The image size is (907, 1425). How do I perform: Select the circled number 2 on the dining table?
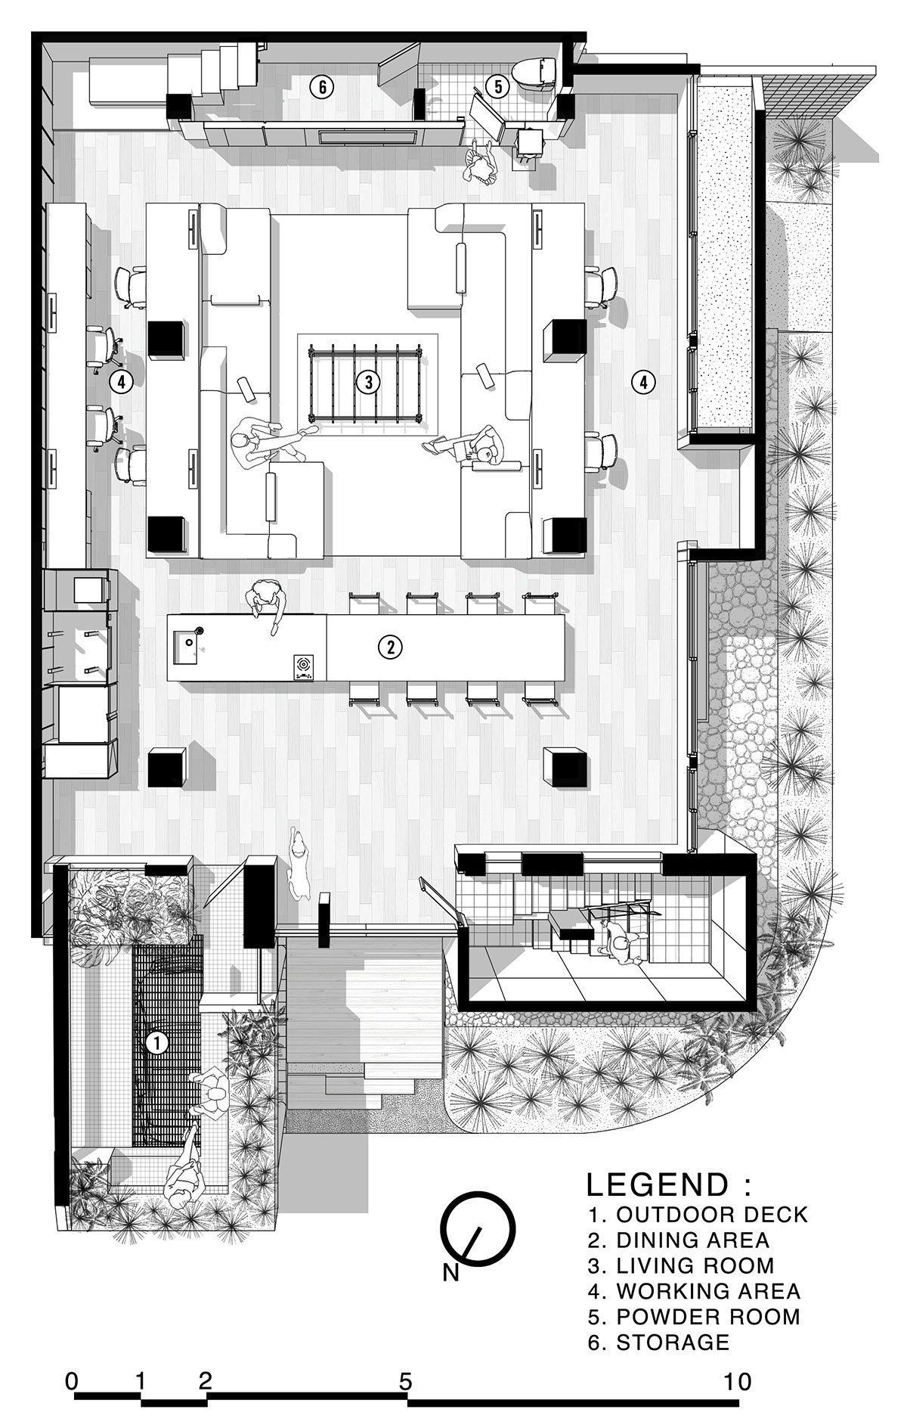point(390,647)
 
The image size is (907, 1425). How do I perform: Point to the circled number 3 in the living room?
point(368,382)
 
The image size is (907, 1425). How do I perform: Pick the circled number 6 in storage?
point(322,87)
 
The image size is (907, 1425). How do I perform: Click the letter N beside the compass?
point(451,1272)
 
